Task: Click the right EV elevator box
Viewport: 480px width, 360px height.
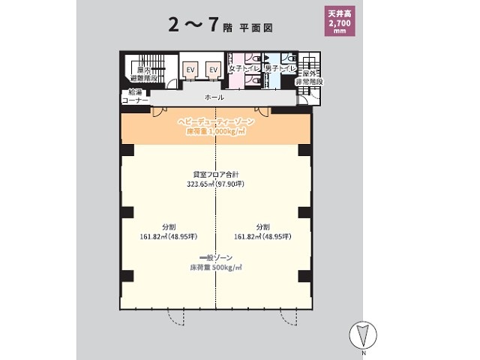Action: (x=213, y=70)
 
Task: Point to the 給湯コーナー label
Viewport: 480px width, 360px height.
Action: (x=135, y=95)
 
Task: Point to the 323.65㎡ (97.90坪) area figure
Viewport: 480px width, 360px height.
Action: (x=216, y=184)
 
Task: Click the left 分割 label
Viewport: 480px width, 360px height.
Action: (x=168, y=226)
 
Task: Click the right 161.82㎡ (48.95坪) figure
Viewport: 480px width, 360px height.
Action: (x=262, y=237)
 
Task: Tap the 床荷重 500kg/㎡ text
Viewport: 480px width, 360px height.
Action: (x=216, y=267)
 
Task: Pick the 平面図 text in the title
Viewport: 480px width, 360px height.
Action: (x=255, y=26)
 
